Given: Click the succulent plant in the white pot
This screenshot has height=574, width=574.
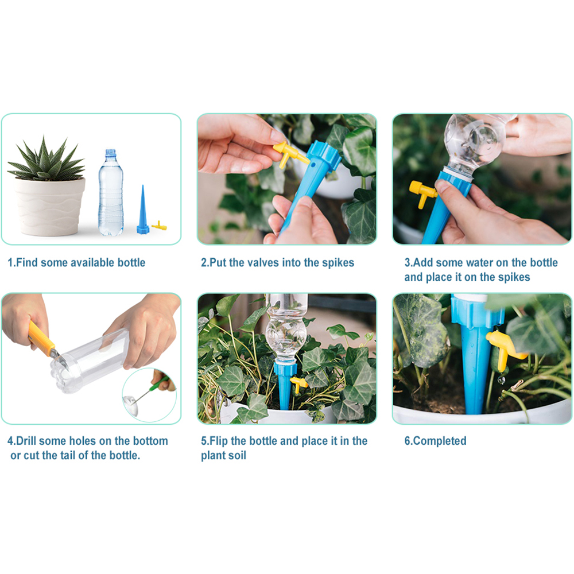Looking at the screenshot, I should (45, 161).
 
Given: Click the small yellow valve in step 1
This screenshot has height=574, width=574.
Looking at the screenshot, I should (159, 226).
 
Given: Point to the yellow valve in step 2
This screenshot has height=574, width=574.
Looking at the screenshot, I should (290, 154).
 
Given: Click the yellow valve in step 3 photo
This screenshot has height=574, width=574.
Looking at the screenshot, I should (422, 193).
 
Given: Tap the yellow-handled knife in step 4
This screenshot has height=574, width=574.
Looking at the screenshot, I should (42, 338).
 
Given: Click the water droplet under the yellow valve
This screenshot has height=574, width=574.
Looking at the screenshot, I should (501, 380).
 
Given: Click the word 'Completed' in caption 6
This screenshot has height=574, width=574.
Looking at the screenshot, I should (440, 441).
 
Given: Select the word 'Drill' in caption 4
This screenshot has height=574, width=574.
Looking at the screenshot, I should (29, 441).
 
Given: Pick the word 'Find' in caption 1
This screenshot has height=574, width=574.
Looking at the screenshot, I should (26, 263).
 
